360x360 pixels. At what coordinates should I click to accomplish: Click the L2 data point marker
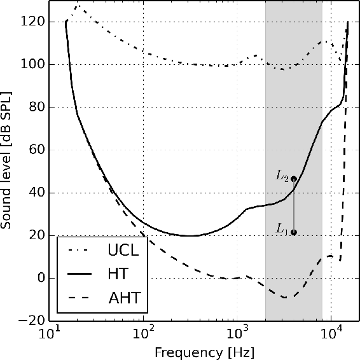(x=293, y=179)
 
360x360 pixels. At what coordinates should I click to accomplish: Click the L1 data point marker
(x=293, y=233)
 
